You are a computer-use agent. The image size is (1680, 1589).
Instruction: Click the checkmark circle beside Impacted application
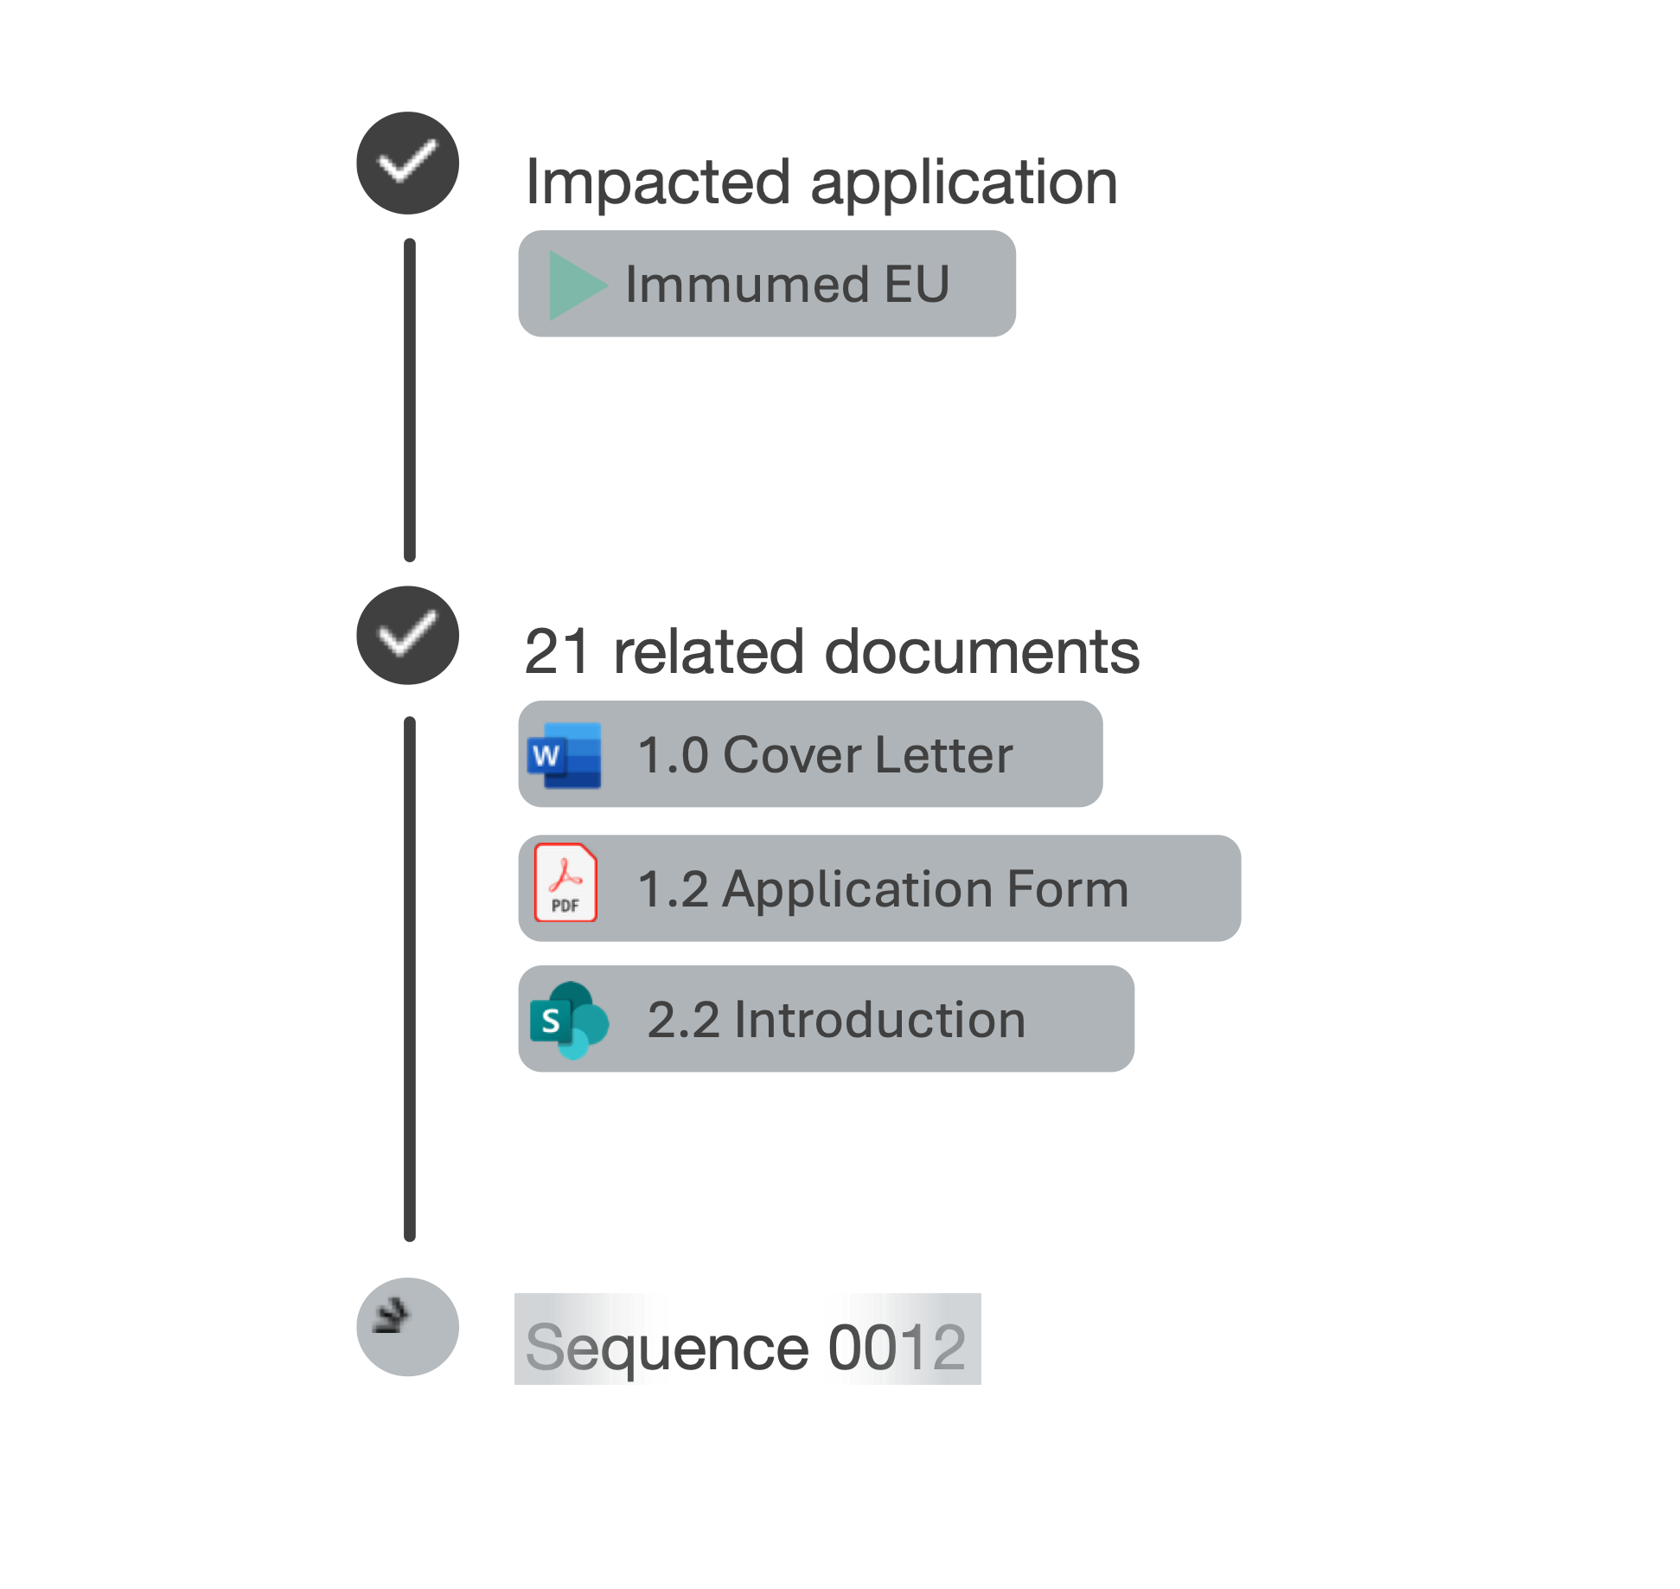[407, 163]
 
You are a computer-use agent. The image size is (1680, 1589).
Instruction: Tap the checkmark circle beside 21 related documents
[407, 635]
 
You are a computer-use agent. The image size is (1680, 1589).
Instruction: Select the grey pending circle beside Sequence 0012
[407, 1326]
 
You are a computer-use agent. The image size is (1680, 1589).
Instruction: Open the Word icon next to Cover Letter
[564, 754]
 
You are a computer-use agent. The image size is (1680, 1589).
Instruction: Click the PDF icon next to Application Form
[565, 882]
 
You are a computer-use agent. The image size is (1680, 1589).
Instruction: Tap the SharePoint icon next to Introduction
[569, 1020]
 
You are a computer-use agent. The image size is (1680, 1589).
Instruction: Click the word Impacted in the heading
[657, 183]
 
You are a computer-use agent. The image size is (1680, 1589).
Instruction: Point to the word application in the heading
[964, 183]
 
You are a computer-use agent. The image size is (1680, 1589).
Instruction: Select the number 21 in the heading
[558, 651]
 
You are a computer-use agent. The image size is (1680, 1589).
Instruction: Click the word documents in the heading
[982, 651]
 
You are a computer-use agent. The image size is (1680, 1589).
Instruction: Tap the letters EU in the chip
[917, 284]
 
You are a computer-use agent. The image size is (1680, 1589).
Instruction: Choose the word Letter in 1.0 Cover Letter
[943, 754]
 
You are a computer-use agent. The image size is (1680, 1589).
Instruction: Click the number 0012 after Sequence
[897, 1347]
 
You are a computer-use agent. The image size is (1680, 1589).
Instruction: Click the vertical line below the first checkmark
[410, 400]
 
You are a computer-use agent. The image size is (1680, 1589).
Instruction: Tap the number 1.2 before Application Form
[673, 888]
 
